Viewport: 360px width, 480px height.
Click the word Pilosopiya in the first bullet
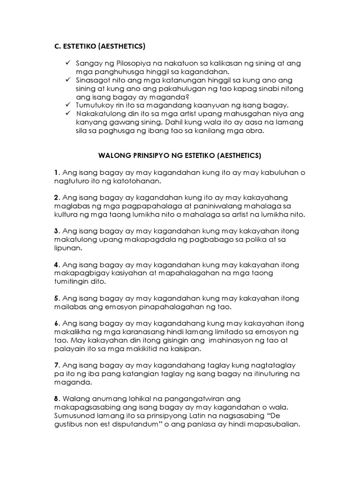(124, 63)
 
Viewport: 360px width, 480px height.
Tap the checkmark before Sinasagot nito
(68, 80)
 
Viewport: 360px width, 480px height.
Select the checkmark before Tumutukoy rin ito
(68, 105)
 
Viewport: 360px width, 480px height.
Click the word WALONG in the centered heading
(110, 155)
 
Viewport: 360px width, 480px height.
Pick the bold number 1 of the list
(55, 172)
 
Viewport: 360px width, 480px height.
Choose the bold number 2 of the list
(55, 198)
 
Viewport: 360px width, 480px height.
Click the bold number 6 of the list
(55, 324)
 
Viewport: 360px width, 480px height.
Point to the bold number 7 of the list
(55, 365)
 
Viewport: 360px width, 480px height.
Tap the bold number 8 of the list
(55, 399)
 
